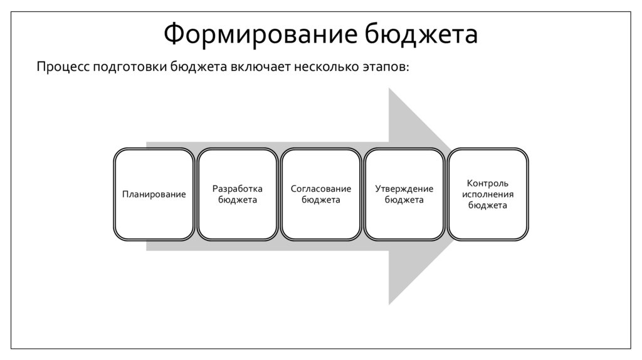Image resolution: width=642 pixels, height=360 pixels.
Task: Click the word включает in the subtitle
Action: click(259, 66)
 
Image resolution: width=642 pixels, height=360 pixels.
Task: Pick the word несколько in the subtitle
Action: click(326, 66)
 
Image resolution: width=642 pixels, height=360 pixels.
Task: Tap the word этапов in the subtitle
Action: click(387, 67)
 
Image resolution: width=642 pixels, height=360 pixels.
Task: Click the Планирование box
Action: click(154, 194)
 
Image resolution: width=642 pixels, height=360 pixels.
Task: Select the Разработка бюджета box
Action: click(238, 194)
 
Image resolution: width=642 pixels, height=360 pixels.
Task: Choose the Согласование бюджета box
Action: click(321, 194)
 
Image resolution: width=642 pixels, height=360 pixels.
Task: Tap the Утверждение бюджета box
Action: click(404, 194)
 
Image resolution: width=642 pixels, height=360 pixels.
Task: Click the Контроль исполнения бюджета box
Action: click(488, 194)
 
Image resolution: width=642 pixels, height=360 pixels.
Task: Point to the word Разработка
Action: click(238, 189)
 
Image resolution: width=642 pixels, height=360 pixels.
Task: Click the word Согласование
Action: click(321, 189)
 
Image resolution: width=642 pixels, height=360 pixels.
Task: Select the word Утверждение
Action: click(404, 189)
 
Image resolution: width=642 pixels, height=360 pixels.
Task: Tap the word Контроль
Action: click(488, 183)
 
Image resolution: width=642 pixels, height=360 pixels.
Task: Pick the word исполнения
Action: click(488, 194)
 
